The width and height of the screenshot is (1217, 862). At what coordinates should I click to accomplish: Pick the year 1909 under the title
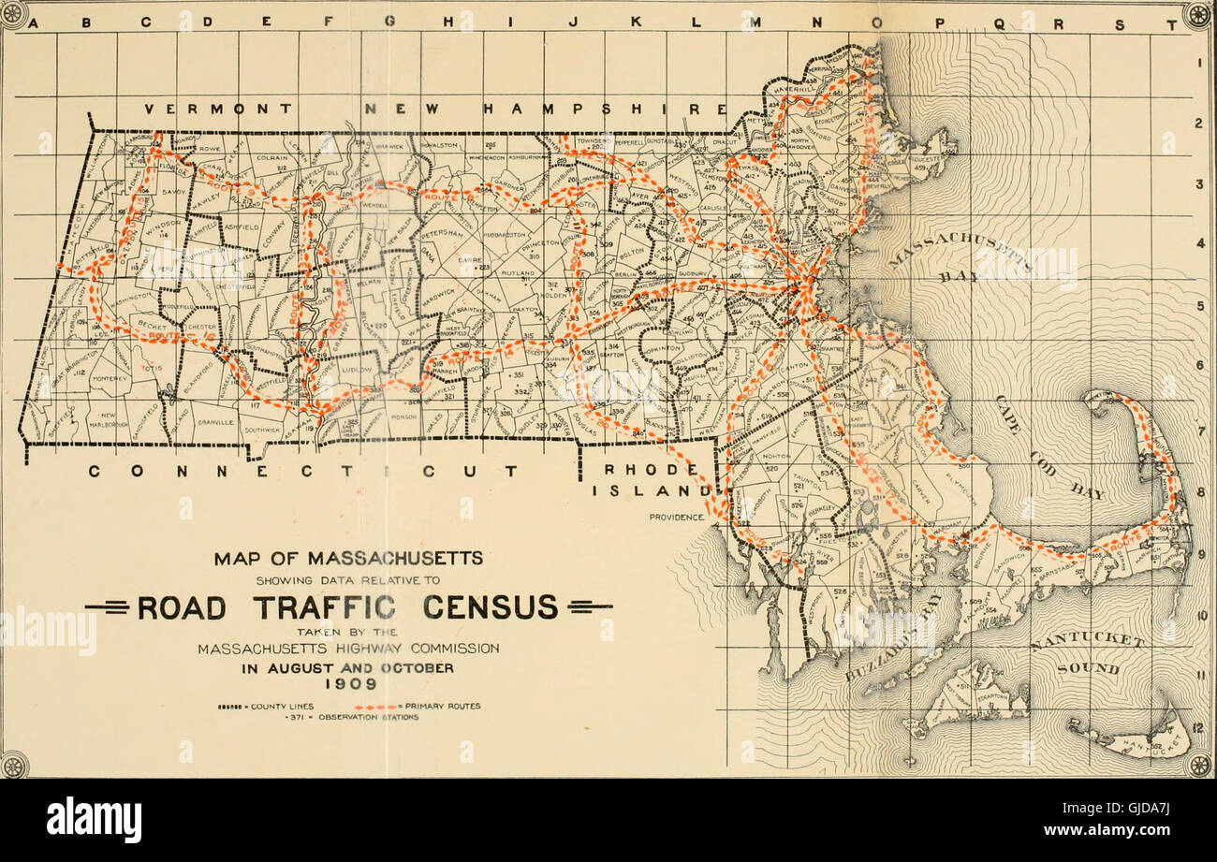347,684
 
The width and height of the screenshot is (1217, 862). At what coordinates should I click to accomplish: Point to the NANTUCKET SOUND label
1086,655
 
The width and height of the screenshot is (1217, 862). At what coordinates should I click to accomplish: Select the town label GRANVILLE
215,422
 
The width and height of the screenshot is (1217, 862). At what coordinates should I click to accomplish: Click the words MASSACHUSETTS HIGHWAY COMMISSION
347,648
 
